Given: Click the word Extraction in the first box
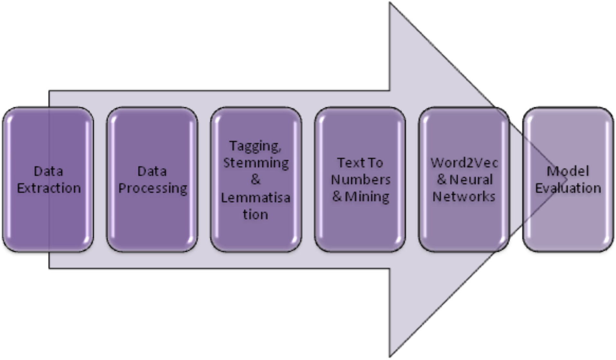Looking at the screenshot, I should coord(49,188).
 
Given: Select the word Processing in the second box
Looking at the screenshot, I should coord(153,188).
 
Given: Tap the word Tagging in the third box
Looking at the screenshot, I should coord(255,146).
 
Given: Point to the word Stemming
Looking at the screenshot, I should coord(256,163).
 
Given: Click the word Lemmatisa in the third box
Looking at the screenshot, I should coord(256,198).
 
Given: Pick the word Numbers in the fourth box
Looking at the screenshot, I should coord(361,180).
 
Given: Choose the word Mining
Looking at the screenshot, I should coord(367,196).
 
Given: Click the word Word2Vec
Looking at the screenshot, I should coord(464,163).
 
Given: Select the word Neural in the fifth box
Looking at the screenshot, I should coord(471,180).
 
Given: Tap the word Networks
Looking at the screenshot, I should coord(464,196).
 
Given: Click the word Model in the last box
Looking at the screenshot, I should coord(568,171).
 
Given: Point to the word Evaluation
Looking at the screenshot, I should coord(568,188).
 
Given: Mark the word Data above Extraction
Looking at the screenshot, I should coord(48,171).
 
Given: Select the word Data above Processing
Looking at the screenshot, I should coord(152,171).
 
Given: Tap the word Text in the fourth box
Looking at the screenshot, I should coord(349,163).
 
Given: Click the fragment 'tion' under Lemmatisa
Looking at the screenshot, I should coord(255,214).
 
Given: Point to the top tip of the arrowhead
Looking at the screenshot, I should coord(390,3).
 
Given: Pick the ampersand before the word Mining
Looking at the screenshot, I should coord(337,196).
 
